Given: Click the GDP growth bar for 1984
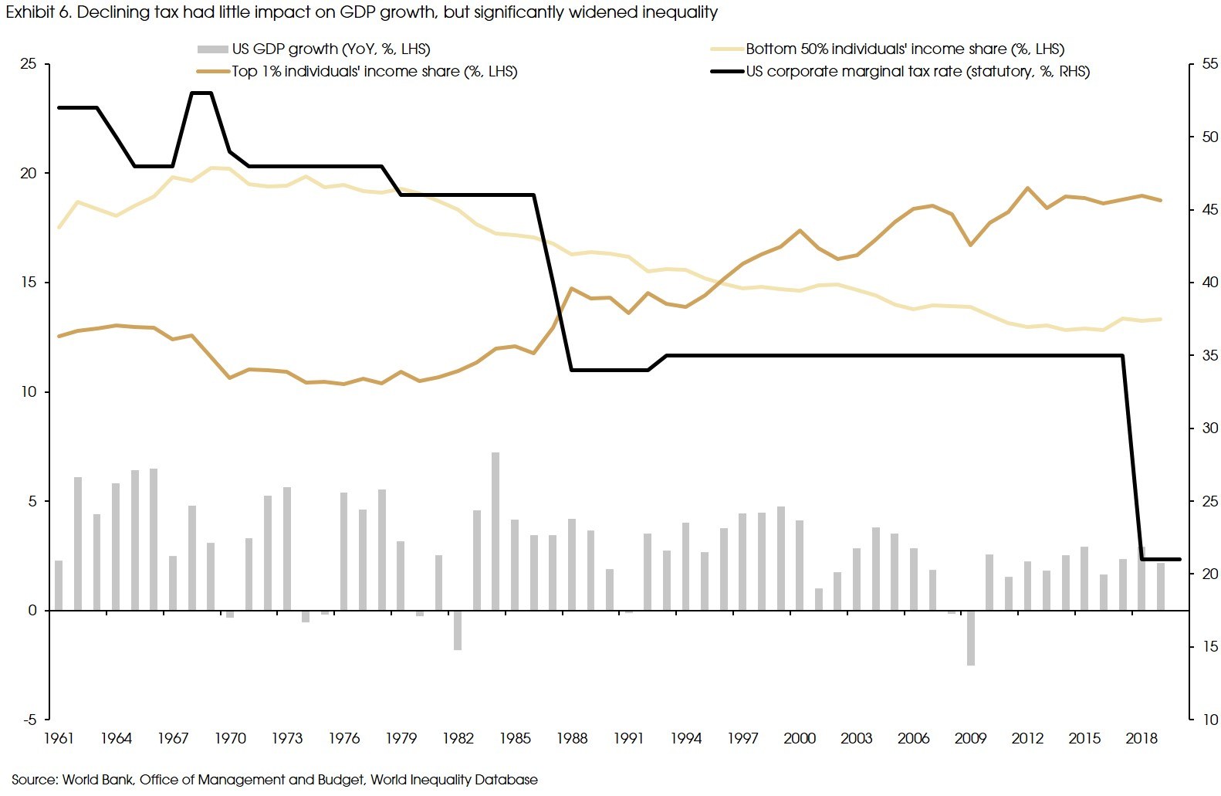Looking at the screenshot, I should click(x=496, y=531).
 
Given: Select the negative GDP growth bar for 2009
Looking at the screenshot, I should click(x=971, y=638).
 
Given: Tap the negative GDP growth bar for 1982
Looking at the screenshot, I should click(x=458, y=630).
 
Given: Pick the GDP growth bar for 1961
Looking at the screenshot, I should click(x=59, y=585).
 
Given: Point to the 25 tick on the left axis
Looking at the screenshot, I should click(x=29, y=64).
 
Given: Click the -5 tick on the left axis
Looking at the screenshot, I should click(x=29, y=720).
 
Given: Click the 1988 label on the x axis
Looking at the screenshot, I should click(x=572, y=739).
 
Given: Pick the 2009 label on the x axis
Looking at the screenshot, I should click(x=970, y=739).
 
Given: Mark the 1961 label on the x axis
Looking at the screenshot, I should click(x=59, y=739).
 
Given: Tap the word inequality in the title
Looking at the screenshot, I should click(x=679, y=12).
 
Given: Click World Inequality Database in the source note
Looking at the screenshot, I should click(x=454, y=780).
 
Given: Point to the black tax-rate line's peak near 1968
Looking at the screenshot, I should click(x=201, y=93).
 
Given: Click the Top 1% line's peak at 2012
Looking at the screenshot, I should click(x=1028, y=188).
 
